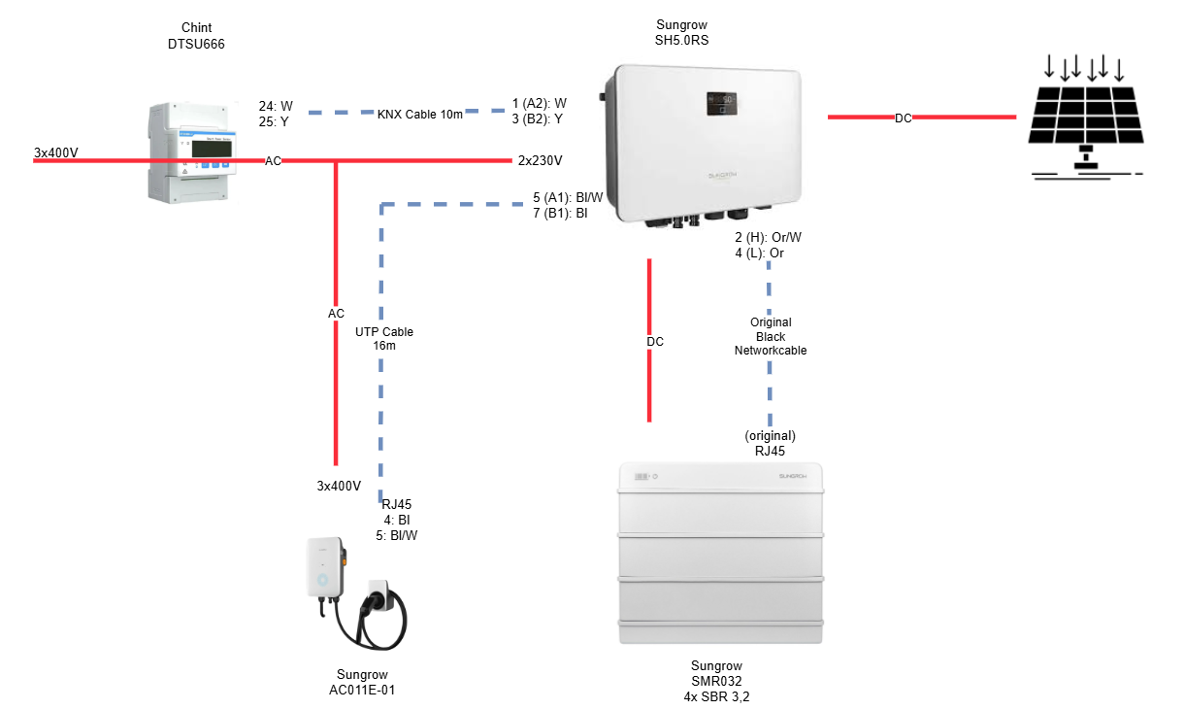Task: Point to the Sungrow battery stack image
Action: pos(720,554)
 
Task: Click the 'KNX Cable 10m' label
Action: pos(419,114)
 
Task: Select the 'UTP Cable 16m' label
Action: pos(384,338)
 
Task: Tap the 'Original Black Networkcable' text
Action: pos(771,336)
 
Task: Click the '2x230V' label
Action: pos(541,160)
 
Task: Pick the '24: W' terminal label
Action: pos(276,106)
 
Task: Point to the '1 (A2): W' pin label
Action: pos(540,102)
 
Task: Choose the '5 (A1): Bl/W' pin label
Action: pos(568,197)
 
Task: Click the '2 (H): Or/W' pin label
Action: pos(768,237)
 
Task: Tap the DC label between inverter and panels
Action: pos(904,118)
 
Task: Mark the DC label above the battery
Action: pos(655,342)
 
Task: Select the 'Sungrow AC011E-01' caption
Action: pos(362,682)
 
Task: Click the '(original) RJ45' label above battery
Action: pos(770,443)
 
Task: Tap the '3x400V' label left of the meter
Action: pos(55,153)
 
